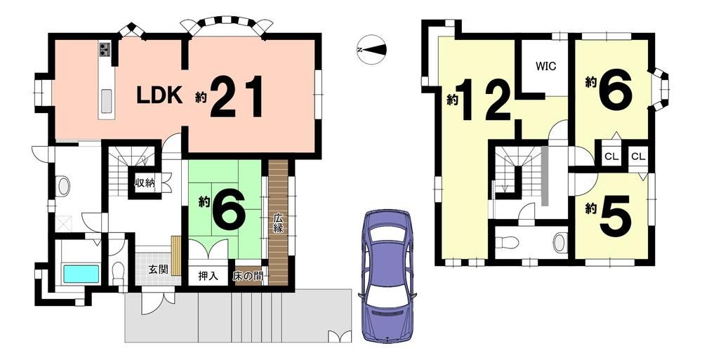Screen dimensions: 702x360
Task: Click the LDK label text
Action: coord(159,95)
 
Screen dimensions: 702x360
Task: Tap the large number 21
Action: coord(236,97)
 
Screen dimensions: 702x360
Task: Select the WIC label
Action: coord(546,66)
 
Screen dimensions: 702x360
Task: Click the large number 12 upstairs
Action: coord(486,100)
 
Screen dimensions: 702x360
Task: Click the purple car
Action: coord(388,276)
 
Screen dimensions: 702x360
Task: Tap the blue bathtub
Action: coord(81,274)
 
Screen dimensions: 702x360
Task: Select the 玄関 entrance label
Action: coord(159,269)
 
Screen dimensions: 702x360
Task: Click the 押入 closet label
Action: coord(208,276)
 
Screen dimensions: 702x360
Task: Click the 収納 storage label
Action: coord(145,183)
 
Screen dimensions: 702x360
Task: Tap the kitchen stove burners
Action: coord(105,49)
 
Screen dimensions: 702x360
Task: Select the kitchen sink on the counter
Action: coord(106,101)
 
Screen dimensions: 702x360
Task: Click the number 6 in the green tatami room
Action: coord(228,209)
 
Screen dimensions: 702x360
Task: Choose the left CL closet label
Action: coord(611,156)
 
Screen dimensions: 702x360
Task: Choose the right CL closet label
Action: coord(638,156)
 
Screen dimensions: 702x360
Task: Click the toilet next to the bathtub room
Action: coord(118,272)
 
